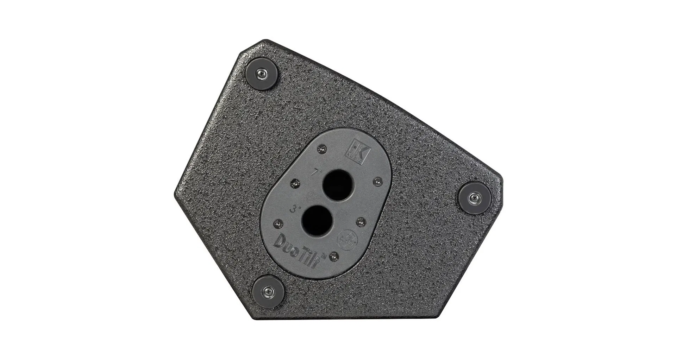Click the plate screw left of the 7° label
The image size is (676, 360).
295,183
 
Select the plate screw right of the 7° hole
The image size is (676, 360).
378,181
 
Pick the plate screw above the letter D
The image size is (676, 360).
278,223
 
